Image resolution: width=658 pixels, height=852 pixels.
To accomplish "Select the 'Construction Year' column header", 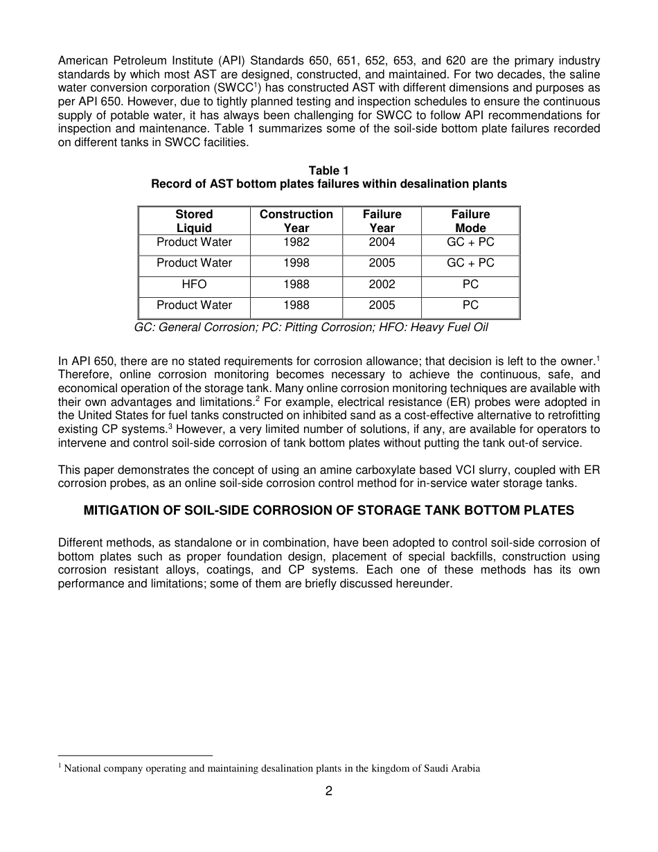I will [x=296, y=221].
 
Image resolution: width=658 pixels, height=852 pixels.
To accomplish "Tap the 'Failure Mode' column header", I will [x=470, y=221].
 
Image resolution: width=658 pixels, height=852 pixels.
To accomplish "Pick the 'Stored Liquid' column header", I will [x=194, y=221].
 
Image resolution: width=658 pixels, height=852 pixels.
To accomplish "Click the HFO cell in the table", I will [x=194, y=284].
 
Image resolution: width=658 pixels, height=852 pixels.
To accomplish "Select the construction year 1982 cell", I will [x=296, y=242].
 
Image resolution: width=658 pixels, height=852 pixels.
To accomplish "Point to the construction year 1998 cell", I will [x=296, y=263].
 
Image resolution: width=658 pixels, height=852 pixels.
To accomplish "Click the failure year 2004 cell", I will [x=382, y=242].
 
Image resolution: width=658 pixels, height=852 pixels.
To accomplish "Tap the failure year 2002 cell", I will [x=382, y=284].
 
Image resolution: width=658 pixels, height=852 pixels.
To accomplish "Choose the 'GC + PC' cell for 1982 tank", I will [x=470, y=242].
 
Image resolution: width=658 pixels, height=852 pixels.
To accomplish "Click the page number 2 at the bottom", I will [x=329, y=791].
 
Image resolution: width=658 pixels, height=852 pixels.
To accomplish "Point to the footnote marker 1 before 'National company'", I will [x=60, y=766].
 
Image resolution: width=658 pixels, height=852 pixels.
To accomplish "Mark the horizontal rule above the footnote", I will [x=135, y=755].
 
